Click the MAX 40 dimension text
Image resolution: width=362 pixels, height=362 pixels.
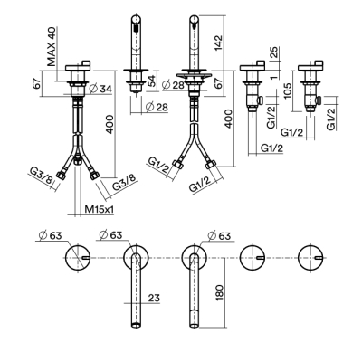pyautogui.click(x=52, y=46)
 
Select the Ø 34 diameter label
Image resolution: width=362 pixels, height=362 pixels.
pyautogui.click(x=100, y=89)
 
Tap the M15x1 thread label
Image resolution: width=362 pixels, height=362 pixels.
pyautogui.click(x=99, y=209)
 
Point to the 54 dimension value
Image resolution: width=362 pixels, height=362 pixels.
pyautogui.click(x=153, y=81)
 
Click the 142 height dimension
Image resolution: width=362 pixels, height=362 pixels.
pyautogui.click(x=218, y=43)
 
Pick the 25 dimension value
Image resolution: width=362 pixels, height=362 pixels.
pyautogui.click(x=275, y=52)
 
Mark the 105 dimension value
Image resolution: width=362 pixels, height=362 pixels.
pyautogui.click(x=288, y=90)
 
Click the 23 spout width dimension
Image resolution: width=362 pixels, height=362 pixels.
pyautogui.click(x=154, y=298)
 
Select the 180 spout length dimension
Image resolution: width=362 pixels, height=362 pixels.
pyautogui.click(x=219, y=292)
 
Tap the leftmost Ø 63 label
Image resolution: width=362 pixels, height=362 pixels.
pyautogui.click(x=51, y=235)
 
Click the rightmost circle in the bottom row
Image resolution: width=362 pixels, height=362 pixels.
pyautogui.click(x=310, y=258)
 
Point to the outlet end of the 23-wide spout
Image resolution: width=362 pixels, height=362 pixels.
pyautogui.click(x=137, y=325)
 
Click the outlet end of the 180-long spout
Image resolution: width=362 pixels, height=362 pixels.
pyautogui.click(x=195, y=325)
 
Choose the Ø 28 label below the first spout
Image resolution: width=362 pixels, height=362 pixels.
pyautogui.click(x=157, y=107)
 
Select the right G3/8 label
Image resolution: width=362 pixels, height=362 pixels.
pyautogui.click(x=125, y=181)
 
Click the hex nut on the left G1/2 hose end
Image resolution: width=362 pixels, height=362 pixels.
pyautogui.click(x=177, y=165)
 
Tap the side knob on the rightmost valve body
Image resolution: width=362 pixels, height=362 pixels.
pyautogui.click(x=319, y=100)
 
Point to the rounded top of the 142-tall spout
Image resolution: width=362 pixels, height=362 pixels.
pyautogui.click(x=195, y=19)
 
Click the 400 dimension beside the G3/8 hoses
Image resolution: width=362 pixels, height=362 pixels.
pyautogui.click(x=110, y=124)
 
